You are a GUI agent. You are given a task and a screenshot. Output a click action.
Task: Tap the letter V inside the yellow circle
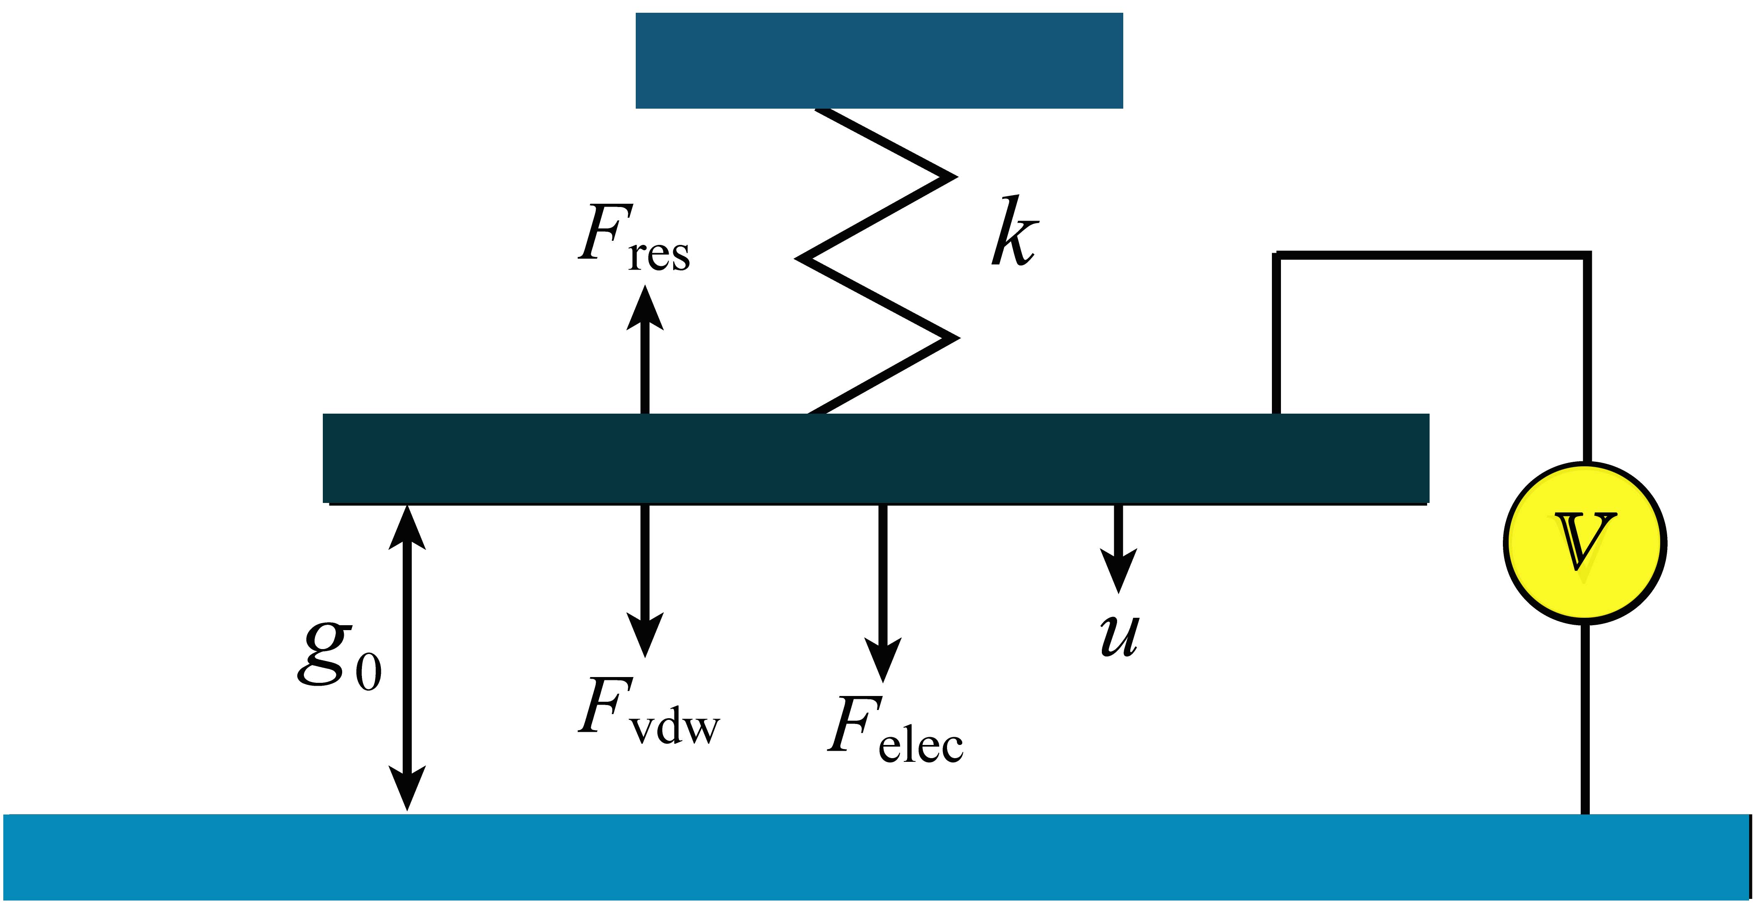1584,541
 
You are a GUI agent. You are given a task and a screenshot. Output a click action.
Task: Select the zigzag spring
877,259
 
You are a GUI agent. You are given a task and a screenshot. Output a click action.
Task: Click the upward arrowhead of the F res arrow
645,307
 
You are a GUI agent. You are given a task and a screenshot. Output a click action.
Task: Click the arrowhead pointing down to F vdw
645,635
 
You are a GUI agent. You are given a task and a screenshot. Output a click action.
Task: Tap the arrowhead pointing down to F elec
883,659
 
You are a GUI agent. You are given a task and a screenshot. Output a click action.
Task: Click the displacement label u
1120,635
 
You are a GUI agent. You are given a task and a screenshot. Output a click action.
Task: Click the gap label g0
339,655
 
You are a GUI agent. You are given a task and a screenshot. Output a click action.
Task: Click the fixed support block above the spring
879,60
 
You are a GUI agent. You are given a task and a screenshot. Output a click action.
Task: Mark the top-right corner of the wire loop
1586,256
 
